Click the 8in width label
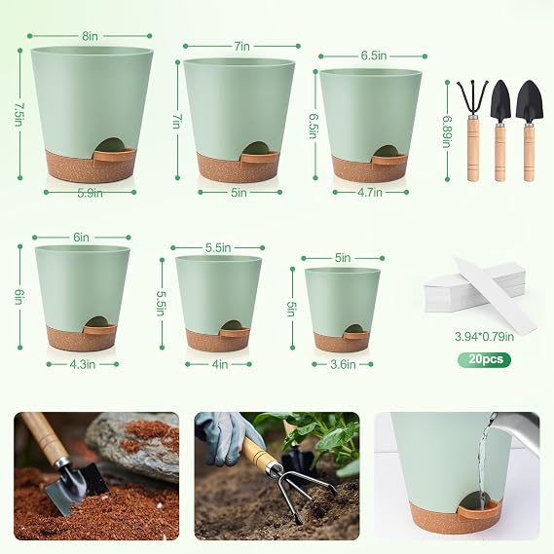(91, 36)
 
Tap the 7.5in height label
(19, 115)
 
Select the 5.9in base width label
(91, 193)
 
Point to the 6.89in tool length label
(447, 131)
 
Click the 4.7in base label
(370, 193)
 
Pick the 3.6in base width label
(343, 364)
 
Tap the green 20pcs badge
(485, 359)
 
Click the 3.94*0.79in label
(484, 337)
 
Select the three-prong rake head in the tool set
(472, 98)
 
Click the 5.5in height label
(161, 303)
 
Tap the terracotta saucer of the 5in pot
(341, 342)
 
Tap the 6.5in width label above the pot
(373, 56)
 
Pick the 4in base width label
(219, 364)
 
